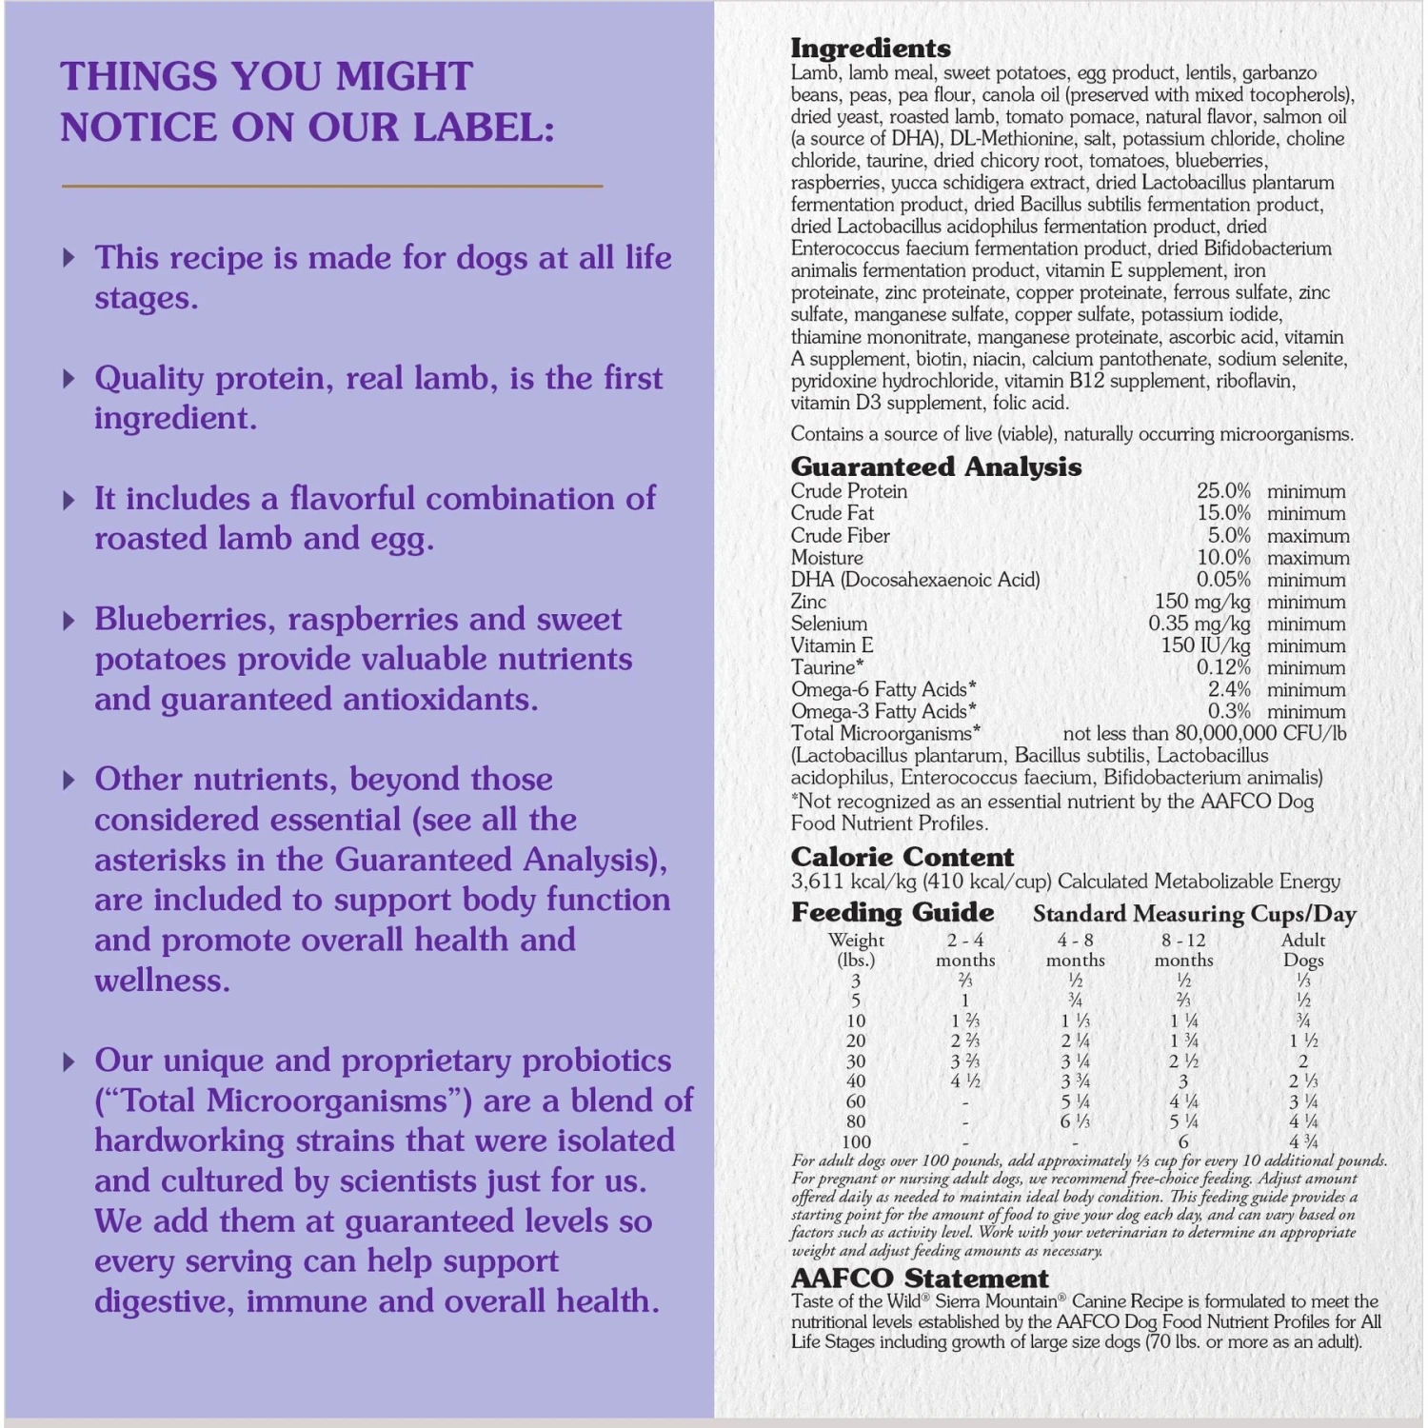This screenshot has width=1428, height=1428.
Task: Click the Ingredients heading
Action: [x=870, y=48]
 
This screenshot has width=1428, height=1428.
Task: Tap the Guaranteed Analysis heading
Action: [x=936, y=466]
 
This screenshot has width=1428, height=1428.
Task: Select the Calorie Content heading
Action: [x=902, y=857]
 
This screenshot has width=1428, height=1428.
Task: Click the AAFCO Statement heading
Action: [x=920, y=1278]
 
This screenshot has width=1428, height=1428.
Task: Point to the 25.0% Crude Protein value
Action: [x=1223, y=491]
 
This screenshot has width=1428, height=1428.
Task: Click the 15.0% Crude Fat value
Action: [x=1223, y=513]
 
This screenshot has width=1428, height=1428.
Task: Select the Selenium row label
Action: [x=828, y=624]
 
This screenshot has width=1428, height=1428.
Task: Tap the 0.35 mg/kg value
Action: [x=1199, y=624]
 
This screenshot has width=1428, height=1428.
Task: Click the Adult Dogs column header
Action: [x=1303, y=949]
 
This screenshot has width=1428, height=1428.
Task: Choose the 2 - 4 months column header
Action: [x=965, y=949]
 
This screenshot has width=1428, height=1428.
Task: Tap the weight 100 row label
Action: [x=856, y=1141]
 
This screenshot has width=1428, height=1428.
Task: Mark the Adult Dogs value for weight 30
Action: [x=1303, y=1061]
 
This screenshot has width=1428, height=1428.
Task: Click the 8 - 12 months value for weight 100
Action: [x=1183, y=1141]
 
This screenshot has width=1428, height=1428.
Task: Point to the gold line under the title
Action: [x=332, y=186]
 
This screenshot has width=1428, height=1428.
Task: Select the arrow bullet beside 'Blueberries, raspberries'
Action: [x=69, y=621]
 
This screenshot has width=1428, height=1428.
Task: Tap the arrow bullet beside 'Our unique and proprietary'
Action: [x=69, y=1061]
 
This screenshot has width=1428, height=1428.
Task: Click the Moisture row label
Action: [x=826, y=558]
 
